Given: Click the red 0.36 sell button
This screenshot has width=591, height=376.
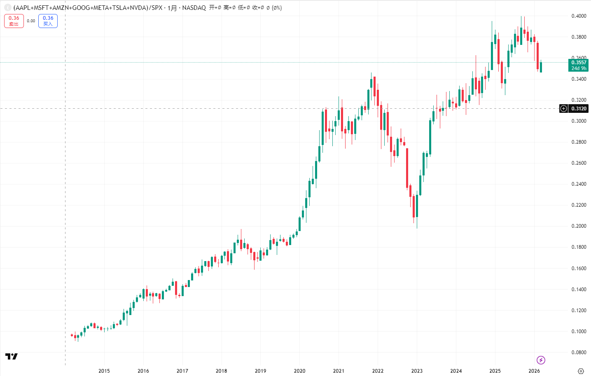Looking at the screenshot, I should (14, 21).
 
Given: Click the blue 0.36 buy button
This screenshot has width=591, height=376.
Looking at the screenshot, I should (48, 21).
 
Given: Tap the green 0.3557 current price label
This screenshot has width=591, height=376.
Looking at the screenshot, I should (579, 65).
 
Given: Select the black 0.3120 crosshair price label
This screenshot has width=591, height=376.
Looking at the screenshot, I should (579, 109).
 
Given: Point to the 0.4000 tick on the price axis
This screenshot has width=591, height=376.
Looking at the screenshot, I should (579, 16).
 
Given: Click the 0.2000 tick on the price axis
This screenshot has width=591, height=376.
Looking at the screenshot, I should (579, 226).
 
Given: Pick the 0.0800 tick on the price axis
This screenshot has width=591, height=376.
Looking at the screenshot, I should (579, 353).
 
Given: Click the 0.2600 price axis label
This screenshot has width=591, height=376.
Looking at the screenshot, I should (579, 163).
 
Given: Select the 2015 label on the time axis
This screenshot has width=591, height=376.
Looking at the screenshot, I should (104, 371).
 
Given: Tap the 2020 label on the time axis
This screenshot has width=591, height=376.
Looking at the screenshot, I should (299, 371).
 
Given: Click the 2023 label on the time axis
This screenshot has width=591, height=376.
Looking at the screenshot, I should (417, 371).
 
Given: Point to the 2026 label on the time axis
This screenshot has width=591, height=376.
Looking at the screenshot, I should (534, 371).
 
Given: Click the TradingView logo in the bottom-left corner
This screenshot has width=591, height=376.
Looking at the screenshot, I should (12, 356).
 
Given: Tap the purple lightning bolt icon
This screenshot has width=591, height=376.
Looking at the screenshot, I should (541, 360).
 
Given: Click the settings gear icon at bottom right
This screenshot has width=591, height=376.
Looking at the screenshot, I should (581, 371).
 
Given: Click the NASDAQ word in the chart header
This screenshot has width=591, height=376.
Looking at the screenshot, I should (194, 8).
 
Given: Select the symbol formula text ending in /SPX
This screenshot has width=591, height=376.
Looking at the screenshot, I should (88, 8).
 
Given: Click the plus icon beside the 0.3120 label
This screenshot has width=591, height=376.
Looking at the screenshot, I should (564, 109).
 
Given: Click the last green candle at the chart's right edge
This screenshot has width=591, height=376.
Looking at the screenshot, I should (541, 67).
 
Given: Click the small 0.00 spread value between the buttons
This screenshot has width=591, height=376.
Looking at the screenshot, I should (31, 21).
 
